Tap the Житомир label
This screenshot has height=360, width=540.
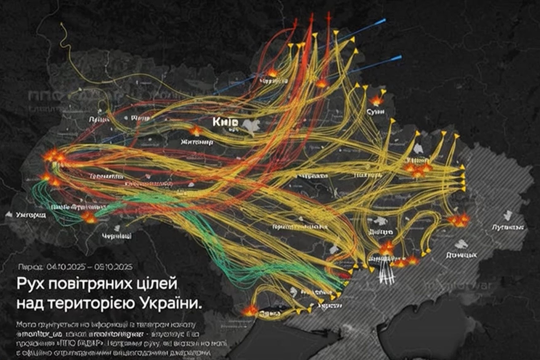point(197,142)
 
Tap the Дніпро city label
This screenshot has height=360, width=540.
point(381,232)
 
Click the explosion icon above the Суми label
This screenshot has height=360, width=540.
point(377,100)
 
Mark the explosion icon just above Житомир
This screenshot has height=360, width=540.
point(196,131)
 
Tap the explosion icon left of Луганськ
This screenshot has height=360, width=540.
point(459,220)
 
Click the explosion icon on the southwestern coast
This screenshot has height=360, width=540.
point(250,311)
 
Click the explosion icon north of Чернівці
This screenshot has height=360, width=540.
point(89,217)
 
